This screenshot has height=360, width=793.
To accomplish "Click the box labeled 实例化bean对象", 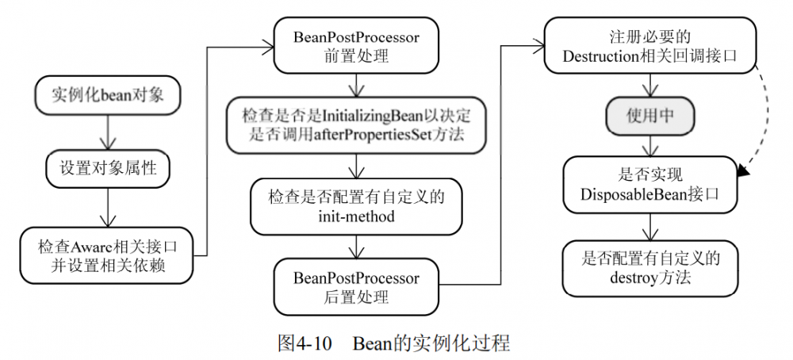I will (108, 95).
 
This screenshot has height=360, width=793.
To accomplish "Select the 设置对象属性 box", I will (108, 168).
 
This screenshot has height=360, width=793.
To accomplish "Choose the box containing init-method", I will (356, 205).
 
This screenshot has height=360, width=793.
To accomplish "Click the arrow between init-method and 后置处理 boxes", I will (356, 245).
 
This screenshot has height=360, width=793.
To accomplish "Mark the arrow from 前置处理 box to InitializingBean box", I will (356, 85).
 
